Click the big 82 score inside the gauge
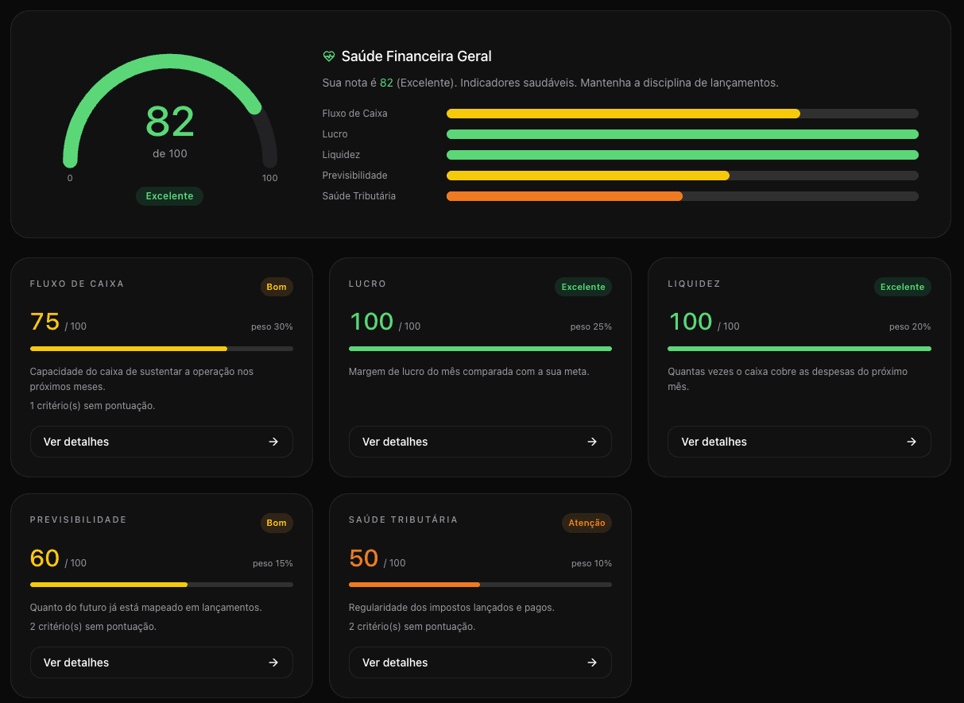[x=170, y=122]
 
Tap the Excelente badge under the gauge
[x=169, y=195]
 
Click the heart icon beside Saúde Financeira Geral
[x=329, y=56]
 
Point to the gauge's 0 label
[x=70, y=178]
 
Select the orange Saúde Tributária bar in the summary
[x=564, y=196]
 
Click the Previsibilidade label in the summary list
[x=354, y=175]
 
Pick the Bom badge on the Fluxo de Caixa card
[x=277, y=287]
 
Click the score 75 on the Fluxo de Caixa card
[x=45, y=322]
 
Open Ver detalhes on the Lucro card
[x=480, y=442]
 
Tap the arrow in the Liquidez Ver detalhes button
[x=912, y=442]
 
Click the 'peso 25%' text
[x=591, y=326]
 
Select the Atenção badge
[x=587, y=523]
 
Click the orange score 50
[x=364, y=558]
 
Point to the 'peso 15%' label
[x=273, y=563]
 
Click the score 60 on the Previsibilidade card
[x=45, y=558]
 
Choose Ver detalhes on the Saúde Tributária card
[x=480, y=662]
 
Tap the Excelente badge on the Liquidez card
[x=902, y=287]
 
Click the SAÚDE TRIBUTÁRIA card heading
[x=403, y=520]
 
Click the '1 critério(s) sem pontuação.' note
[x=92, y=406]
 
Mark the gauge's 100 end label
[x=270, y=178]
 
